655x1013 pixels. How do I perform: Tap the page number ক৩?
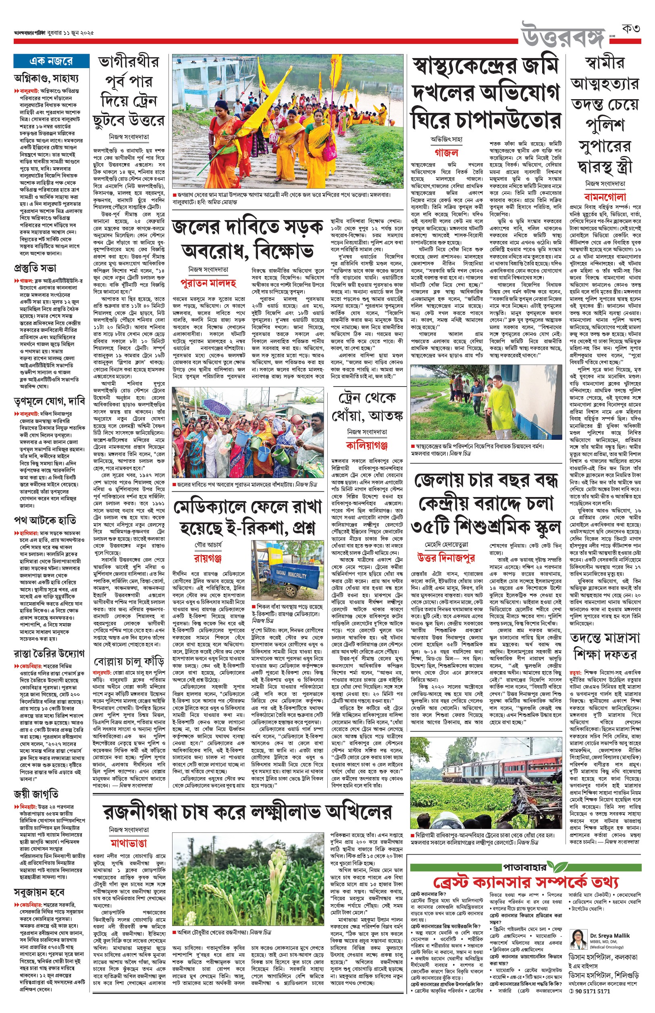click(631, 29)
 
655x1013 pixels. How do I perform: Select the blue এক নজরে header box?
click(51, 61)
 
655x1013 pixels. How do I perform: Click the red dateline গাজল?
click(446, 153)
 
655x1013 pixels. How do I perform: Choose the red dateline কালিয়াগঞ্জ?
click(367, 445)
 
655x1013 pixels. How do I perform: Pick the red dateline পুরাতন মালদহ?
click(208, 283)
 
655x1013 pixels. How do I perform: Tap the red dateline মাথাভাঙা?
click(129, 842)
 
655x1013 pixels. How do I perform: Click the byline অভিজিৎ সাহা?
click(446, 139)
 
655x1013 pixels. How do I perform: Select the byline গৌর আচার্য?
click(208, 545)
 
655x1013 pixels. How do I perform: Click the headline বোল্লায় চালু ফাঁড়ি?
click(129, 662)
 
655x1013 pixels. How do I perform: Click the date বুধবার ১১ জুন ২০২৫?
click(71, 33)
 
